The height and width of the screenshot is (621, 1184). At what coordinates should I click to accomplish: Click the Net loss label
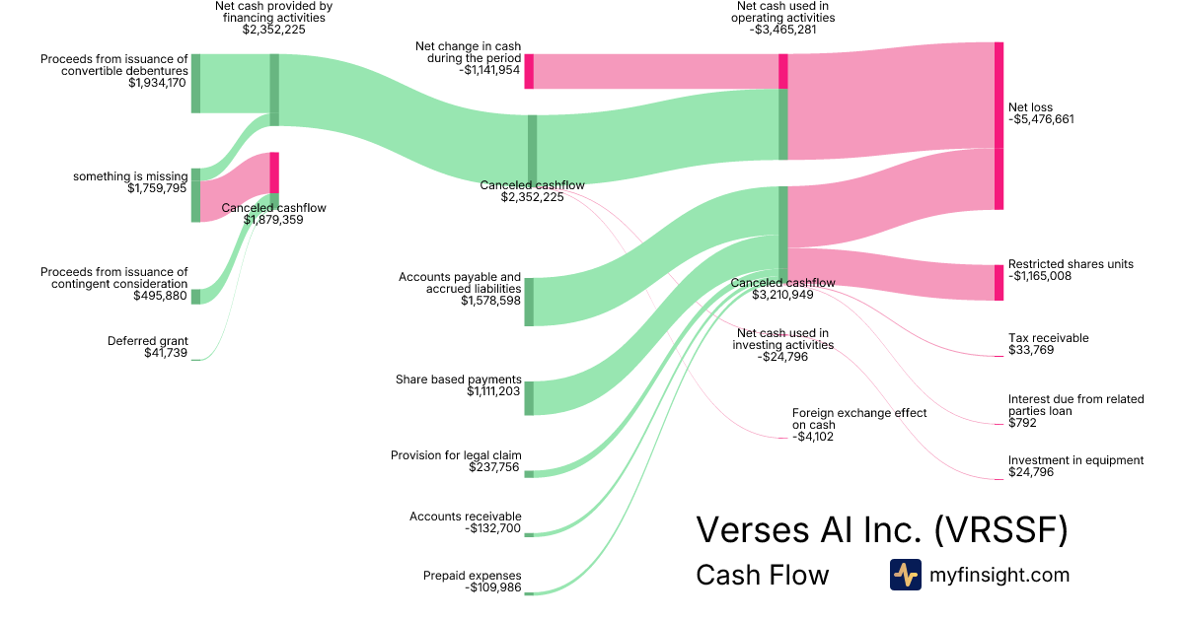coord(1030,106)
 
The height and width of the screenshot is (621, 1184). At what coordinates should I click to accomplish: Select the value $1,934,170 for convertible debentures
coord(157,83)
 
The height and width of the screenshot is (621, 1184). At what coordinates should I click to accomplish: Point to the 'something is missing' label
coord(130,176)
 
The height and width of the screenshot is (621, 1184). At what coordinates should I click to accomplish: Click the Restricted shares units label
coord(1071,264)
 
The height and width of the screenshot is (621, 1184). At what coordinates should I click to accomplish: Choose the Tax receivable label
coord(1048,338)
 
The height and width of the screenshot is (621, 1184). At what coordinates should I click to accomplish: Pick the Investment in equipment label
coord(1075,460)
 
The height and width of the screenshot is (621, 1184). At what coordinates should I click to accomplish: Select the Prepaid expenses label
coord(472,576)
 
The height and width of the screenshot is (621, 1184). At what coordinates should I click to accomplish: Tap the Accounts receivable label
coord(465,517)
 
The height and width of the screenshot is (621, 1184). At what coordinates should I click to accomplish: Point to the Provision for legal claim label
coord(456,455)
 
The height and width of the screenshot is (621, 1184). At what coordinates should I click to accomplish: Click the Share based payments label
coord(459,379)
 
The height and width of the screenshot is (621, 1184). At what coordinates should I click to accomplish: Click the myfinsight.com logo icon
coord(905,575)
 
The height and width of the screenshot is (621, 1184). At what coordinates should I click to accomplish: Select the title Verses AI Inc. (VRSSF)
coord(882,530)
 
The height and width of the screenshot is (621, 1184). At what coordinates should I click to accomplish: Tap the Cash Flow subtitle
coord(762,576)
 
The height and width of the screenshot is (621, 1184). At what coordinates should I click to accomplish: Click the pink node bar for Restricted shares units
coord(999,283)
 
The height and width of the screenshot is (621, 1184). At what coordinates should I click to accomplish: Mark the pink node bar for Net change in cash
coord(529,71)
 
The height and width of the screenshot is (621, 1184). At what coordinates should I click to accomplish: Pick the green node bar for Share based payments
coord(529,397)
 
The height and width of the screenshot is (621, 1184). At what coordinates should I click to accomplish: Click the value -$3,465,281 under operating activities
coord(785,30)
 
